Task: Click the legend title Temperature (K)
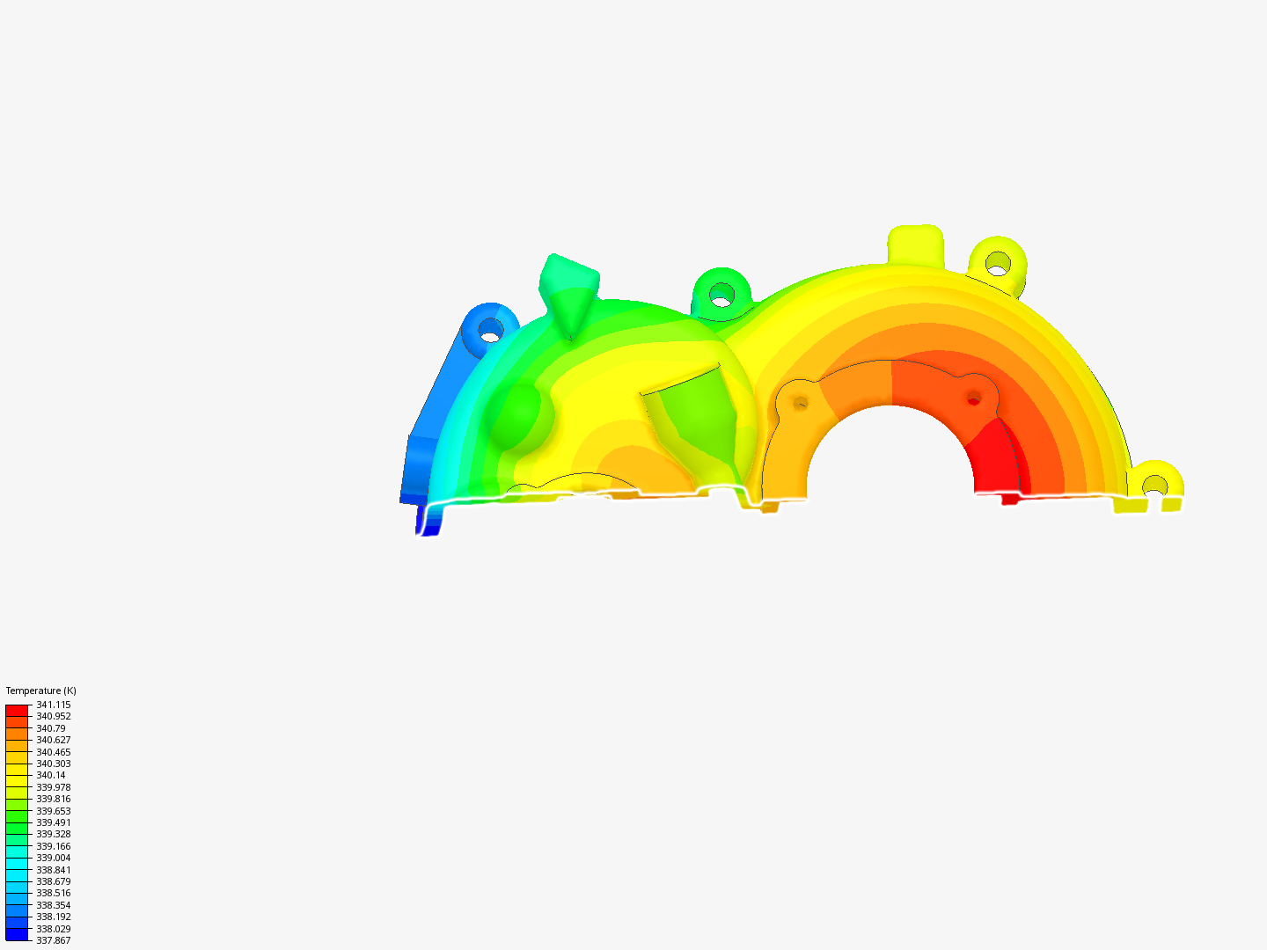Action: coord(40,691)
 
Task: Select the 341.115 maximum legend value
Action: coord(53,705)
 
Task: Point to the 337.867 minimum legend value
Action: coord(53,940)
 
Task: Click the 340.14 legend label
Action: coord(50,775)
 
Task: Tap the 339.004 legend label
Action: coord(53,858)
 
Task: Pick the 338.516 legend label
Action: coord(53,893)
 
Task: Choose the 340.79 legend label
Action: coord(50,728)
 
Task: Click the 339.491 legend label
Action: coord(53,822)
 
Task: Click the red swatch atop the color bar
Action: coord(17,710)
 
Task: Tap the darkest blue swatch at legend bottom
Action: coord(17,934)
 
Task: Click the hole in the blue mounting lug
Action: coord(490,332)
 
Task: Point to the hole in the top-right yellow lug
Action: coord(998,261)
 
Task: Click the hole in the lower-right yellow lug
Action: coord(1154,486)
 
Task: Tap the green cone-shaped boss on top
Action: coord(569,290)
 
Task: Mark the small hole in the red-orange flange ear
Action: coord(973,398)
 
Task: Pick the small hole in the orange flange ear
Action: coord(801,403)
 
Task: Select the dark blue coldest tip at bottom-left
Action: coord(428,522)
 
